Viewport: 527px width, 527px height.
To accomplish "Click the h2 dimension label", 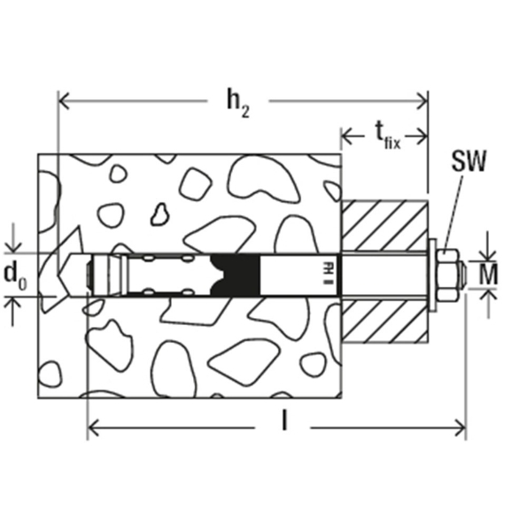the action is tap(238, 103).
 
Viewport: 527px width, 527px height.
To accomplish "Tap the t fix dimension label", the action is tap(387, 136).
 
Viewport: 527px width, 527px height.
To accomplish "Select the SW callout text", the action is tap(469, 161).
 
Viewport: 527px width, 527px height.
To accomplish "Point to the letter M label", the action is tap(488, 275).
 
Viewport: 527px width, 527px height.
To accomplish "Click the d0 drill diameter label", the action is tap(15, 275).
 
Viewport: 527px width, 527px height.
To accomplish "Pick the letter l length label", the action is tap(284, 421).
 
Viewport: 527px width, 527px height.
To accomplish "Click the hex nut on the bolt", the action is tap(448, 275).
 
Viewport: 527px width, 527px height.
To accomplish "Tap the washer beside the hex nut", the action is tap(433, 275).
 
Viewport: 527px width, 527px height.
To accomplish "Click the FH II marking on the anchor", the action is tap(325, 273).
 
